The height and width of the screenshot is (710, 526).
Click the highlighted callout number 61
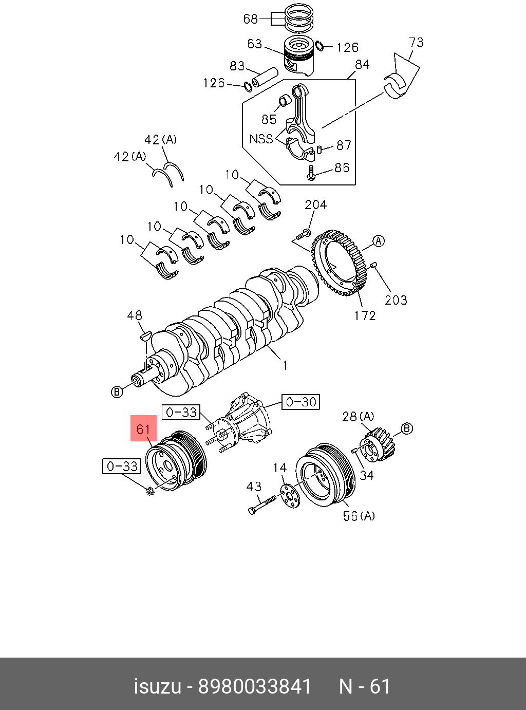[143, 428]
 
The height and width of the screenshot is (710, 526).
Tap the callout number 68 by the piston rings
[250, 19]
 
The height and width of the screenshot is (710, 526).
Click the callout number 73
[416, 42]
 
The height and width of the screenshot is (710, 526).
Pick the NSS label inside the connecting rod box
[261, 139]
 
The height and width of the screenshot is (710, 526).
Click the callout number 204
[315, 204]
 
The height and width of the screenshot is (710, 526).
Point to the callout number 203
[396, 300]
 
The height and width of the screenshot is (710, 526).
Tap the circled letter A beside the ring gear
[379, 241]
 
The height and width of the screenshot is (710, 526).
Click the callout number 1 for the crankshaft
[285, 365]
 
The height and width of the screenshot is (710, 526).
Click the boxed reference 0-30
[301, 402]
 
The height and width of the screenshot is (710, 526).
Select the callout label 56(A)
[359, 515]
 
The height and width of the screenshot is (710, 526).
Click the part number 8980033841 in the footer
[255, 686]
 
